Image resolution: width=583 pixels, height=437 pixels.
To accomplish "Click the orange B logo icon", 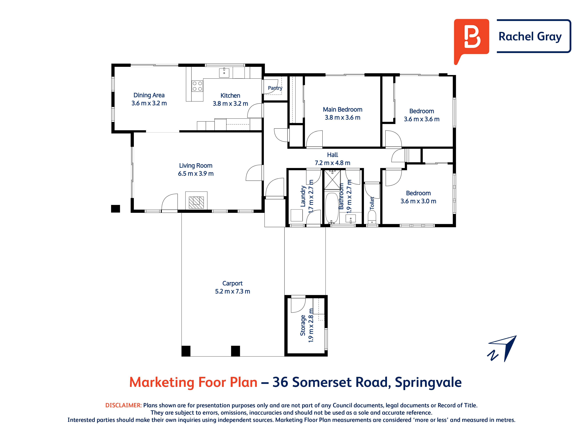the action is coord(471,39).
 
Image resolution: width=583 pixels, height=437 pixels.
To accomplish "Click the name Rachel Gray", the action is coord(530,37).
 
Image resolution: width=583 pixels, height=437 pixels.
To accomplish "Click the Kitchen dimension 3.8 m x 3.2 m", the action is coord(230,104).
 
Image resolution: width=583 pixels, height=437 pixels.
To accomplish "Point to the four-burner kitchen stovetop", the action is coord(197,86).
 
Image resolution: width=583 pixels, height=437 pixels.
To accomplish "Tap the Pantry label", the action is coord(275,88).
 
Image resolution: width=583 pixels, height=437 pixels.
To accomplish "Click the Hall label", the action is coord(333,155).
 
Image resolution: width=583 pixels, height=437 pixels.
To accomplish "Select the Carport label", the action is coord(232,283).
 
